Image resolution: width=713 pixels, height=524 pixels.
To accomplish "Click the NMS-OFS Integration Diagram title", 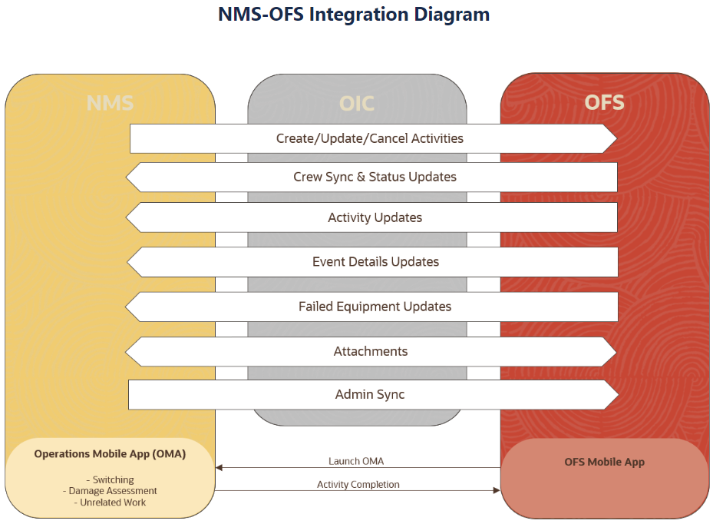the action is pyautogui.click(x=354, y=15).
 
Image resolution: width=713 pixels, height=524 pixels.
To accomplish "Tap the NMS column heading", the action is pyautogui.click(x=110, y=103).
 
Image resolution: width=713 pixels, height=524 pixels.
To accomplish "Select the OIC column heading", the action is pyautogui.click(x=357, y=104).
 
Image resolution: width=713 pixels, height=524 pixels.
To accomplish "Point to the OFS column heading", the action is pyautogui.click(x=604, y=102).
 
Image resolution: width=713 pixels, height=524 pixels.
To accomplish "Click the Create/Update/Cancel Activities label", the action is pyautogui.click(x=370, y=138).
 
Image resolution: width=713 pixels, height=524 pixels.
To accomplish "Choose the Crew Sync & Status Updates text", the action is pyautogui.click(x=375, y=177).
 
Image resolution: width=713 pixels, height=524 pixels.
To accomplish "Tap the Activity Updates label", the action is pyautogui.click(x=375, y=217).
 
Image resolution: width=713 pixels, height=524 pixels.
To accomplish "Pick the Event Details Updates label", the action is pyautogui.click(x=375, y=262).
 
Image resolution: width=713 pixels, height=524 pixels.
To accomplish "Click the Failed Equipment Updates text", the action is pyautogui.click(x=375, y=307).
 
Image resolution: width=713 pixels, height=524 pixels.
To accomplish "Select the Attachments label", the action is pyautogui.click(x=371, y=351).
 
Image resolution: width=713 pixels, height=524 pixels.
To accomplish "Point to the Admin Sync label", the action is pyautogui.click(x=370, y=394).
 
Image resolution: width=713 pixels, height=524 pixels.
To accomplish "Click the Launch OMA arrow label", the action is pyautogui.click(x=356, y=461).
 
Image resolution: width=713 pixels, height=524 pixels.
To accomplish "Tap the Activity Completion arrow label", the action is pyautogui.click(x=358, y=484).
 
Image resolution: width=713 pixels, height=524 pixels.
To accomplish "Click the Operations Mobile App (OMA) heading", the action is pyautogui.click(x=110, y=454).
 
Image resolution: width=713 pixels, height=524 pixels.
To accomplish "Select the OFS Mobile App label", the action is pyautogui.click(x=605, y=462).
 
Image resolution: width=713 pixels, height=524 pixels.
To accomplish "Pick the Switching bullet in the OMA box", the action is pyautogui.click(x=111, y=480).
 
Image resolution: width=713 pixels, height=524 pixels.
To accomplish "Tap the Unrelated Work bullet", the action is pyautogui.click(x=110, y=502).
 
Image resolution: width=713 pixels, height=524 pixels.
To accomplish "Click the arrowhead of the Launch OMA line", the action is pyautogui.click(x=219, y=468).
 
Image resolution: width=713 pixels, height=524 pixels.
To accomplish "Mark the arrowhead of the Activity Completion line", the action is pyautogui.click(x=497, y=490).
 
